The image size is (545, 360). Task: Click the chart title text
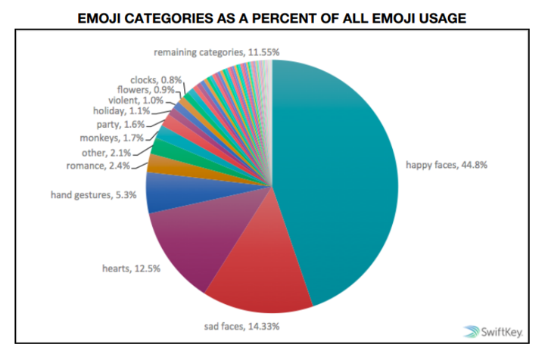(x=272, y=17)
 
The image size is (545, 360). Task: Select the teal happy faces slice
(x=341, y=174)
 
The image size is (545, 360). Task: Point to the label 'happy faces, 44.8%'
(x=447, y=164)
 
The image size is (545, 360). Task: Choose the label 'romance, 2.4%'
(x=98, y=165)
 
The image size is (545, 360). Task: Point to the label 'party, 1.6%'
(x=120, y=124)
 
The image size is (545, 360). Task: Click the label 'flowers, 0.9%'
(x=139, y=88)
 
